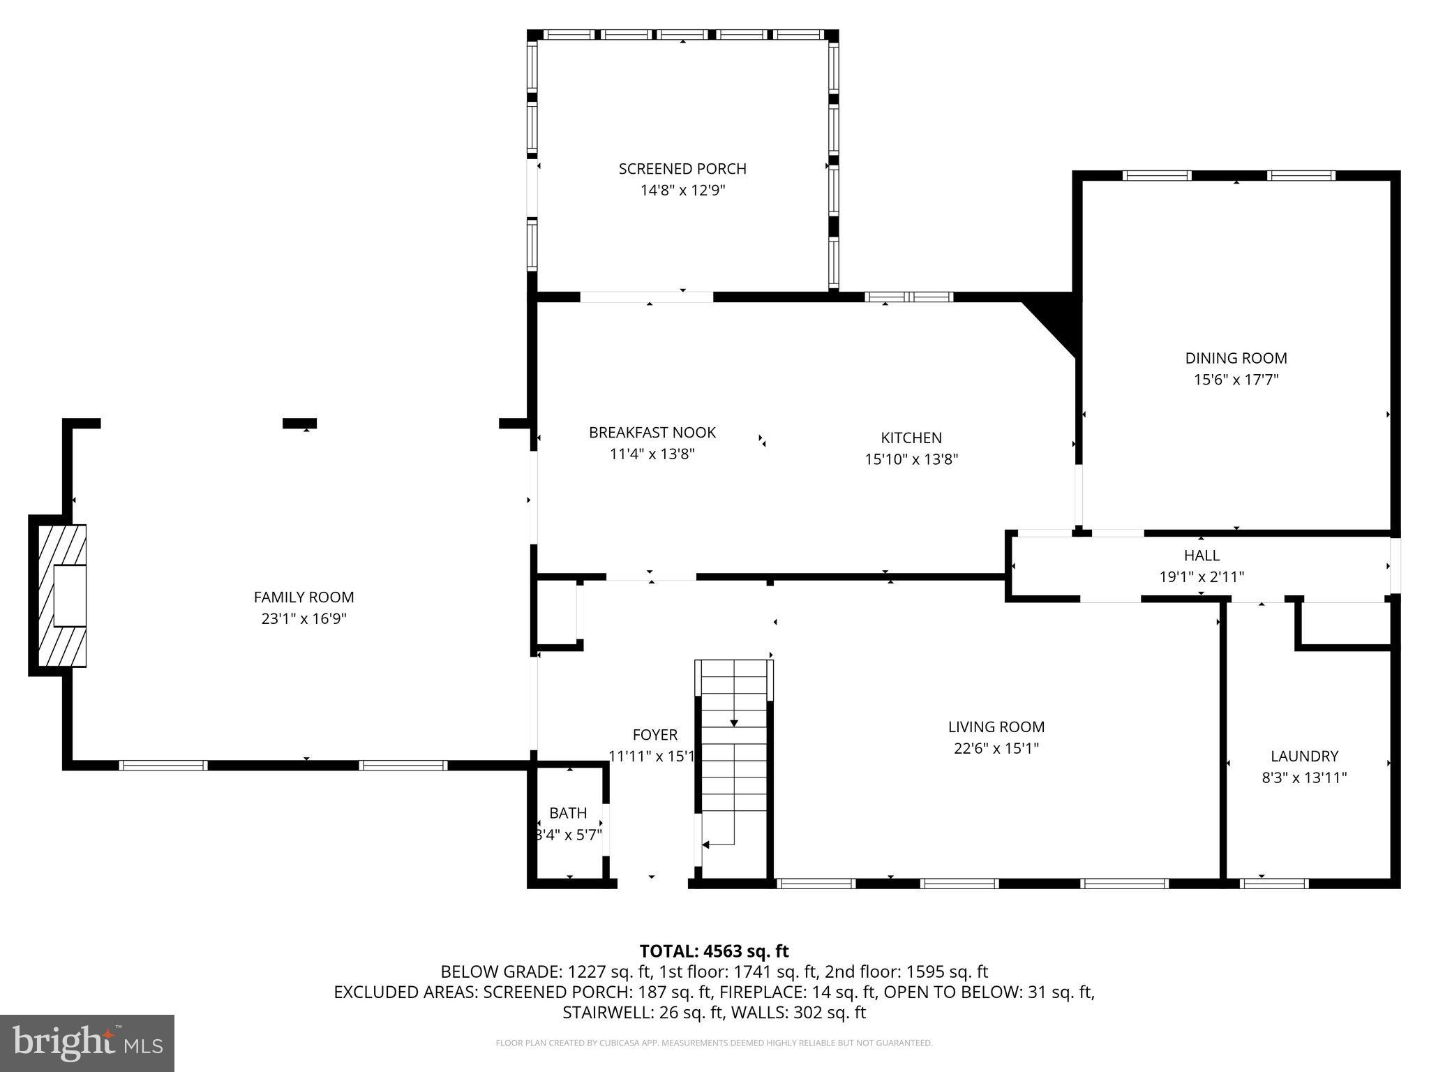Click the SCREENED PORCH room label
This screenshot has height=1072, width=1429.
(682, 168)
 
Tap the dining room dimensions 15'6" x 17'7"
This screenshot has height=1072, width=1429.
(1236, 380)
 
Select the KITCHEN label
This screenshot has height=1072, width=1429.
(911, 438)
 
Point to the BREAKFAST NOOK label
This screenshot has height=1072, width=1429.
(652, 432)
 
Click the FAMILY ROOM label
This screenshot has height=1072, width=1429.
(304, 597)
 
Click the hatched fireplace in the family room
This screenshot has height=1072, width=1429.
(59, 595)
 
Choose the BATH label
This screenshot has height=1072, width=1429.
(568, 813)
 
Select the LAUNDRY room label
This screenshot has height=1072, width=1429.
(1303, 756)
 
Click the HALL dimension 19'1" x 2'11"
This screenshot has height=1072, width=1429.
(1202, 577)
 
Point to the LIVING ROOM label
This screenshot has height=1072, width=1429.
(996, 727)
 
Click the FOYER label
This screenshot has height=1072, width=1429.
(654, 734)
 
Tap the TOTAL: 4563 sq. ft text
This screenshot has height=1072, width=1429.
(714, 951)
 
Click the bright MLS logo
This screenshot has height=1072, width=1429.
(87, 1043)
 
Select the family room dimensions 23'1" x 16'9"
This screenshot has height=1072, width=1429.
(304, 618)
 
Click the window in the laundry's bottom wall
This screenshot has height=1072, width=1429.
(1273, 883)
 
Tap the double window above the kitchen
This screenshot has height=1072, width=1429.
(908, 297)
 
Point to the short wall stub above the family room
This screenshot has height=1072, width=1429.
(299, 423)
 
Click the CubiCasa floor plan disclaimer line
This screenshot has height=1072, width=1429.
(714, 1043)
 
